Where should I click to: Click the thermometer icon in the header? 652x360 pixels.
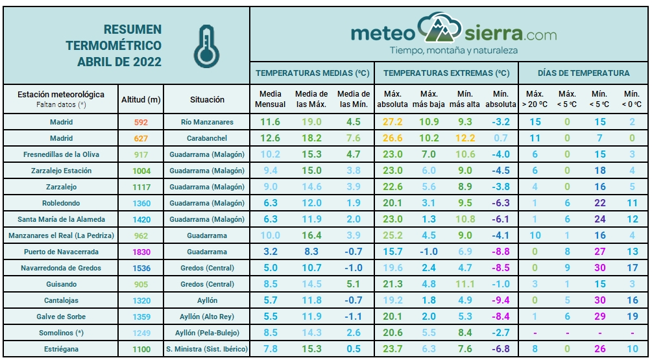206,46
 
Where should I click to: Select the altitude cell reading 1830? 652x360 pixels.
141,252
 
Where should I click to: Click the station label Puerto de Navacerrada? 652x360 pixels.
62,252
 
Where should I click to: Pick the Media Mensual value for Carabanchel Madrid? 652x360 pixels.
270,138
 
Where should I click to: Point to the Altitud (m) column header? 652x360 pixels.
141,100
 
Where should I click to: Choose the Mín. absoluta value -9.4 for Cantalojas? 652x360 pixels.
500,300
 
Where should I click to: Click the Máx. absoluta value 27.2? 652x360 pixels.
392,122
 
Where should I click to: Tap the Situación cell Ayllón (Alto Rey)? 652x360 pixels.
208,317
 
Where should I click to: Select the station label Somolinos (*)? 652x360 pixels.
62,333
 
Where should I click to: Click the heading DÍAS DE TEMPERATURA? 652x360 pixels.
583,73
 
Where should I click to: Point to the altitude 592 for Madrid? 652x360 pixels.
141,122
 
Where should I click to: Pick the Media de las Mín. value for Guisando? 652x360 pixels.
353,284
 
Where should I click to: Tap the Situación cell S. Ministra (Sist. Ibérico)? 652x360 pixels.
208,349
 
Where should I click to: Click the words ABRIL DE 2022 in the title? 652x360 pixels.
119,62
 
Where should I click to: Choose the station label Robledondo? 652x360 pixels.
62,203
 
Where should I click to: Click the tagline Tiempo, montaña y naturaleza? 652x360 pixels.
453,50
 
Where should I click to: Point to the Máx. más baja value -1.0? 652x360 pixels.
429,252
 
